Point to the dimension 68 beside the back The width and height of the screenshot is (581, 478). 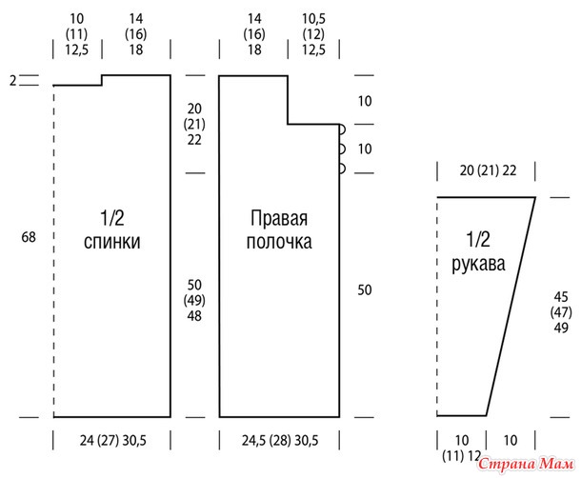tap(28, 236)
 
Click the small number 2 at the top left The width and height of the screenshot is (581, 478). tap(13, 82)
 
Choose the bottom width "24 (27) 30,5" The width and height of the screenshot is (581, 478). tap(112, 440)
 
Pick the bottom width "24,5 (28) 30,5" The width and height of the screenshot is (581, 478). tap(279, 440)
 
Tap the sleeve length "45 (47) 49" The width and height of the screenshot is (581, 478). tap(560, 311)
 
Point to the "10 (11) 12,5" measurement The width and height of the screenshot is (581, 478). tap(76, 34)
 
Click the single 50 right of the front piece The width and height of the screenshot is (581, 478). tap(365, 289)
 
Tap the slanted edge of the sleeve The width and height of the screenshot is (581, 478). tap(511, 305)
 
